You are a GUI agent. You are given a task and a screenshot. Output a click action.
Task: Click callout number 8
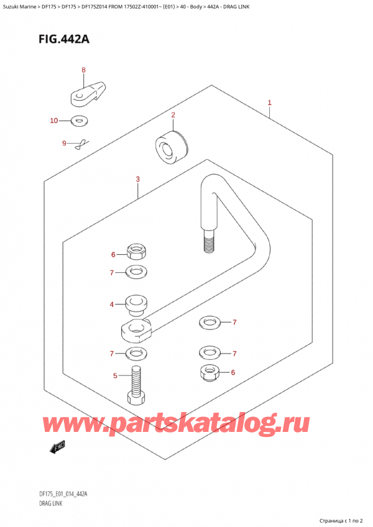click(x=83, y=70)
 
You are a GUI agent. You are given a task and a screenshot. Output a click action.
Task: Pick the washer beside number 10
click(x=78, y=120)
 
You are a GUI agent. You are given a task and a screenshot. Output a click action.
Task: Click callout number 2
click(x=173, y=115)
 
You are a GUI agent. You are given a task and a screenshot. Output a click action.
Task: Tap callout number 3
click(x=137, y=180)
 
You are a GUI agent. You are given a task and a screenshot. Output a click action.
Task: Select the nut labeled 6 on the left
click(x=136, y=252)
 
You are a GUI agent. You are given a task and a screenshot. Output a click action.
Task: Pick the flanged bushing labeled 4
click(x=135, y=305)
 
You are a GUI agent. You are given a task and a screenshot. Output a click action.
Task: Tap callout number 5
click(x=115, y=375)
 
